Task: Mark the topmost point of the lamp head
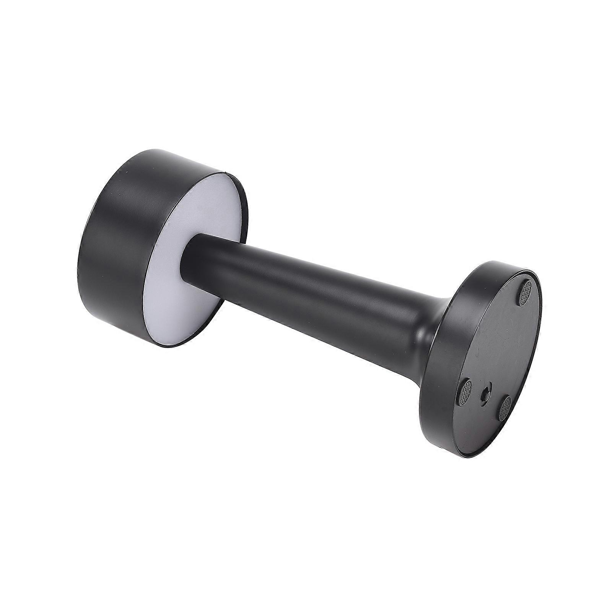point(153,149)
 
